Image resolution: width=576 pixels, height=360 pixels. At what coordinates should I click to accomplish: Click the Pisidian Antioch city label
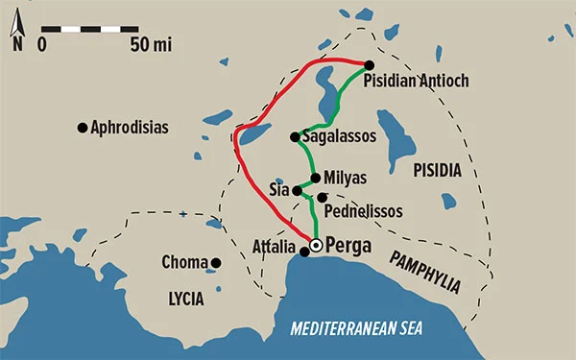[417, 82]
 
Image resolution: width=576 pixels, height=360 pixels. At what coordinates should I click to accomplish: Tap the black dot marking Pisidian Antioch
[369, 65]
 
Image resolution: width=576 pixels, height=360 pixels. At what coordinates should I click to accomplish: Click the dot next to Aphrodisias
[83, 127]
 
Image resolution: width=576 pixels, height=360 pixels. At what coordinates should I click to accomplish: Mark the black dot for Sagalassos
[295, 137]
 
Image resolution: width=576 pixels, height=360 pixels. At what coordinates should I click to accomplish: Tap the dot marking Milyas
[316, 178]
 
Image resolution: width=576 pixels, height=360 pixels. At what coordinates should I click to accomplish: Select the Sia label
[279, 190]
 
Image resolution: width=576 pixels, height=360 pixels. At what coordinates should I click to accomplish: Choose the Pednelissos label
[364, 210]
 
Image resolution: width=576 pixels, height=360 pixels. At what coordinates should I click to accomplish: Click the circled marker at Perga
[315, 246]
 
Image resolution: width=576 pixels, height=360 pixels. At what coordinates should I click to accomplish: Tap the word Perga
[348, 245]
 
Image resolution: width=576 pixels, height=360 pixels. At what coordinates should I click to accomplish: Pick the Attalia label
[273, 246]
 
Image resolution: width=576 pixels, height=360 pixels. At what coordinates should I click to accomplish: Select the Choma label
[185, 262]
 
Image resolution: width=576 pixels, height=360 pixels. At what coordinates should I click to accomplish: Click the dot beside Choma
[217, 262]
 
